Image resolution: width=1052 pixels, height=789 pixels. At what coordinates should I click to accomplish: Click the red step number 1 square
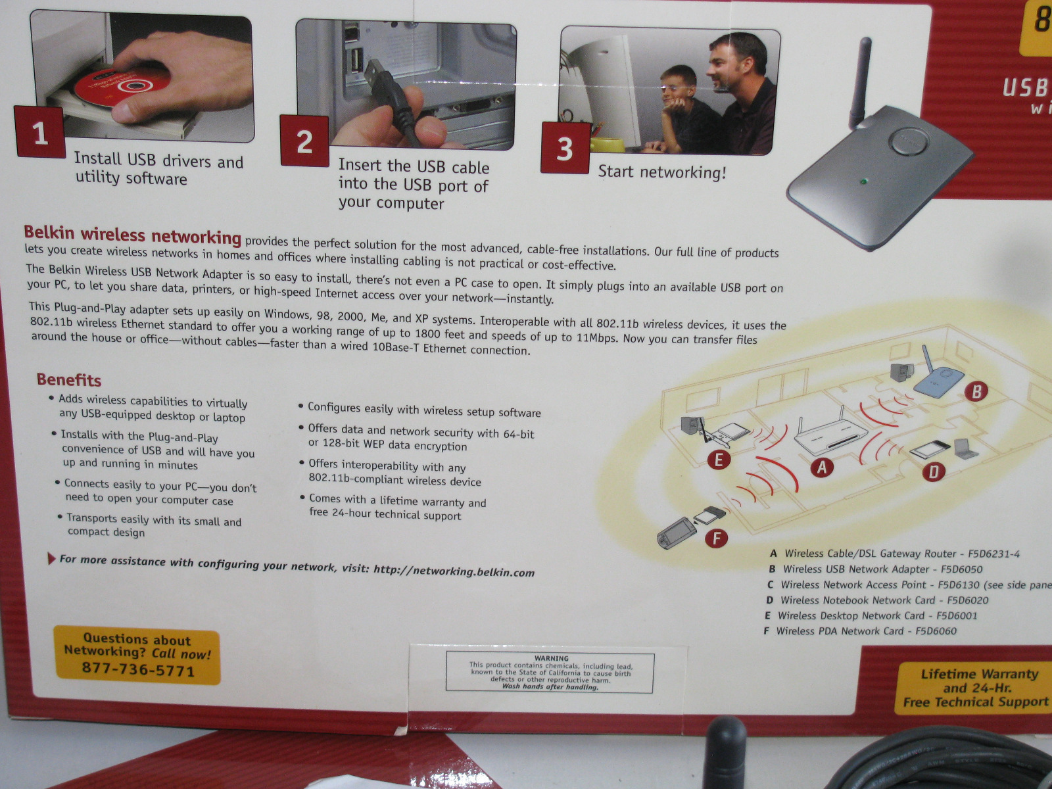click(x=41, y=131)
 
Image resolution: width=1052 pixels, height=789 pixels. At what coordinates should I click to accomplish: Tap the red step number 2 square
click(x=305, y=141)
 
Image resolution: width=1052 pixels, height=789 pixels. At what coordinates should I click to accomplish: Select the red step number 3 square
click(x=565, y=148)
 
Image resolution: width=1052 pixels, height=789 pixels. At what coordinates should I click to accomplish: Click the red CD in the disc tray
click(x=122, y=87)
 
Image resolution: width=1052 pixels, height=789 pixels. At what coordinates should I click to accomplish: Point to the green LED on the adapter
click(x=864, y=181)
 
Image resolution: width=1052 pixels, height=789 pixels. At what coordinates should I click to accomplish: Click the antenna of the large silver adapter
click(x=861, y=82)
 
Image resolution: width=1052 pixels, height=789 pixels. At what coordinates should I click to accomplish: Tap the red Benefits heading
click(x=69, y=380)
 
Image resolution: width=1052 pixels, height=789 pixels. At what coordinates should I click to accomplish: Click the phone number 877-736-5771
click(x=138, y=669)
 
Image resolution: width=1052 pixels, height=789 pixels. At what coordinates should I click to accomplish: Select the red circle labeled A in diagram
click(x=822, y=467)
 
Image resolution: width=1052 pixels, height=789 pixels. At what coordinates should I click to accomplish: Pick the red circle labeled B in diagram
click(x=976, y=391)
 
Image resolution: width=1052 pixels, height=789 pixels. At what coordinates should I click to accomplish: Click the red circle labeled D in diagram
click(x=934, y=471)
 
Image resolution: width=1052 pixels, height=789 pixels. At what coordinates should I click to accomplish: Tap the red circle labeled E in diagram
click(x=719, y=460)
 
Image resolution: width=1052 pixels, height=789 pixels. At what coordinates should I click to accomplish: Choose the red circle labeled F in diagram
click(x=717, y=538)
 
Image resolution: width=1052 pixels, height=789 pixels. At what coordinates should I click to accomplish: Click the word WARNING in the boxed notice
click(x=551, y=658)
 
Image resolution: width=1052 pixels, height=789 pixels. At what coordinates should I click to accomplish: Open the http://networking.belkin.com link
click(x=454, y=571)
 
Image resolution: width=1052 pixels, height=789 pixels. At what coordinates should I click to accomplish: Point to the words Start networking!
click(x=662, y=172)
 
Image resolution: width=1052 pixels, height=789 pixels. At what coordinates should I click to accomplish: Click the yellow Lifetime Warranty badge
click(x=973, y=688)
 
